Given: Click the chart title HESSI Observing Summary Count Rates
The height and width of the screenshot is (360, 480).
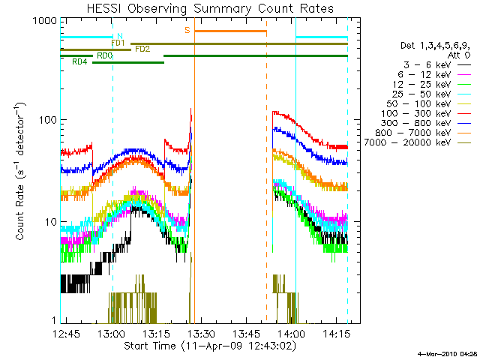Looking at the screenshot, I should pos(210,8).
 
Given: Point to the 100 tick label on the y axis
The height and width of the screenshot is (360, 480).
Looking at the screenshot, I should pos(48,121).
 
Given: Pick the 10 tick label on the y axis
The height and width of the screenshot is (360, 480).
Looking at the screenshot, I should pos(51,223).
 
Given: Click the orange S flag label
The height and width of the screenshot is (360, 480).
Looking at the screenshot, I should pos(187,31).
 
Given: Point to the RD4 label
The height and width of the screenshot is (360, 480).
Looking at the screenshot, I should pos(79,62).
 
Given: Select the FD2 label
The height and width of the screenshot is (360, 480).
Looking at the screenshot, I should pos(142,49).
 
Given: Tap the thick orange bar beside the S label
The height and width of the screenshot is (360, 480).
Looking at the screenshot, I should pos(230,31).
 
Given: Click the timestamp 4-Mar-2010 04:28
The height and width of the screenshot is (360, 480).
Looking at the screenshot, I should pos(447,353).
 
